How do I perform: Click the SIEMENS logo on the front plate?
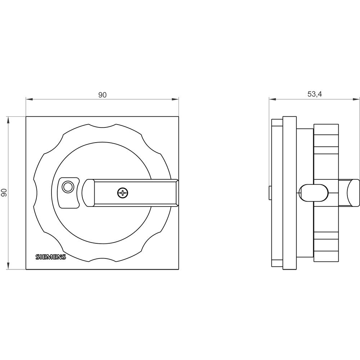51,257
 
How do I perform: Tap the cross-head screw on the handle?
123,193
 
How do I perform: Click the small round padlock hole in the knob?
67,187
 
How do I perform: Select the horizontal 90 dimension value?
103,95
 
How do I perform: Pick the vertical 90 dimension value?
5,193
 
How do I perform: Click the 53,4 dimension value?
314,94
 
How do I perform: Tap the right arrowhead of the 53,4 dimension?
357,99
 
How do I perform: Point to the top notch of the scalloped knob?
102,126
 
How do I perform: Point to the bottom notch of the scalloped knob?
102,259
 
